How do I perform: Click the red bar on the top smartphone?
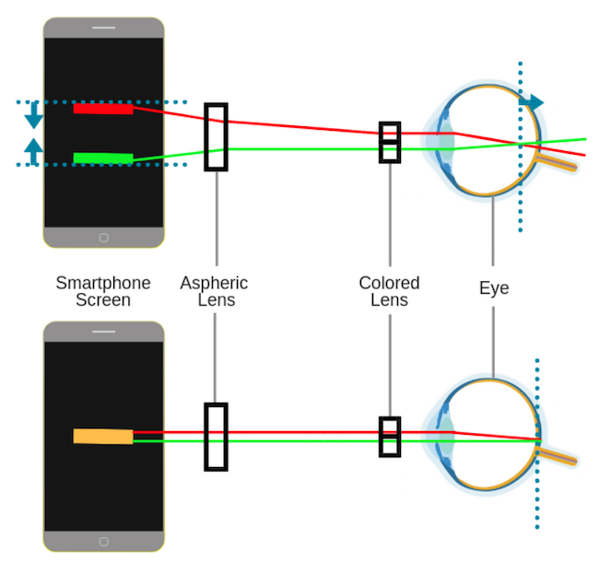(x=103, y=109)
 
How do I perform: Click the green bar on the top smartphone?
(x=103, y=158)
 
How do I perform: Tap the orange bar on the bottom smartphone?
(x=103, y=436)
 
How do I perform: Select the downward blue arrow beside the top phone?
(x=34, y=116)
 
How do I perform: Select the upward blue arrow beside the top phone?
(x=34, y=150)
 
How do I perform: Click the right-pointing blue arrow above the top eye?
(x=533, y=102)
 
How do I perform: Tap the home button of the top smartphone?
(x=103, y=237)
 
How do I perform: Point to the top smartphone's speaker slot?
(x=103, y=28)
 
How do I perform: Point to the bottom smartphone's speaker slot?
(x=103, y=332)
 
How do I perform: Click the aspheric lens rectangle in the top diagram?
(x=216, y=136)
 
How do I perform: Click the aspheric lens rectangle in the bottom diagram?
(x=216, y=437)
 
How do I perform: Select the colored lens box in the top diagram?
(x=390, y=142)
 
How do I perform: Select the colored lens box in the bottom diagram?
(x=390, y=437)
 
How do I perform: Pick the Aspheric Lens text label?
(x=214, y=291)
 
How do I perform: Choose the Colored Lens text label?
(x=389, y=291)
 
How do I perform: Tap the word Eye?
(x=493, y=288)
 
